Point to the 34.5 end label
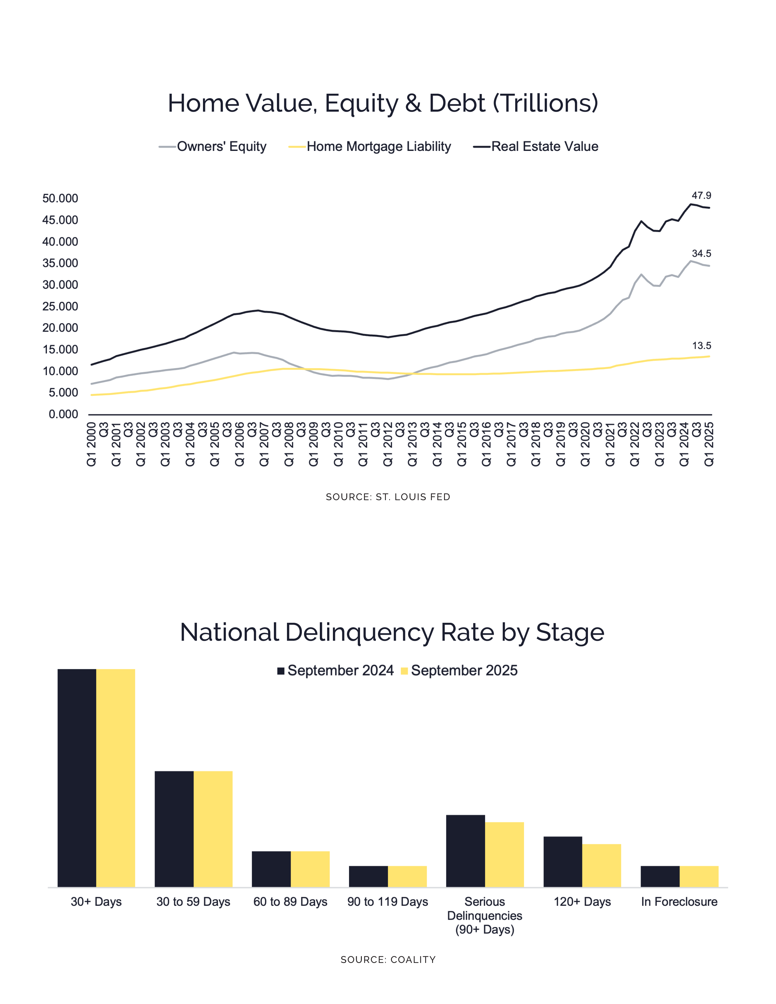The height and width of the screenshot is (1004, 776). coord(701,254)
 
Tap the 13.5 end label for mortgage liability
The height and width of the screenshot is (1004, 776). coord(701,346)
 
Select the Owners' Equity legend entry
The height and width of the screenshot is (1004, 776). coord(221,147)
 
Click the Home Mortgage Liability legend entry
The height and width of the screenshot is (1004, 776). coord(378,147)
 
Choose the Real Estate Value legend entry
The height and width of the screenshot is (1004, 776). coord(544,147)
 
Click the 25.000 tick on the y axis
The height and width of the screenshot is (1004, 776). coord(60,307)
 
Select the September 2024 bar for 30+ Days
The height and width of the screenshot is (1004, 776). coord(77,778)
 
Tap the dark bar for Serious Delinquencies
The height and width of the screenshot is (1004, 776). coord(465,851)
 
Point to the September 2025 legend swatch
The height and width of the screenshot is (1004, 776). coord(404,671)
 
